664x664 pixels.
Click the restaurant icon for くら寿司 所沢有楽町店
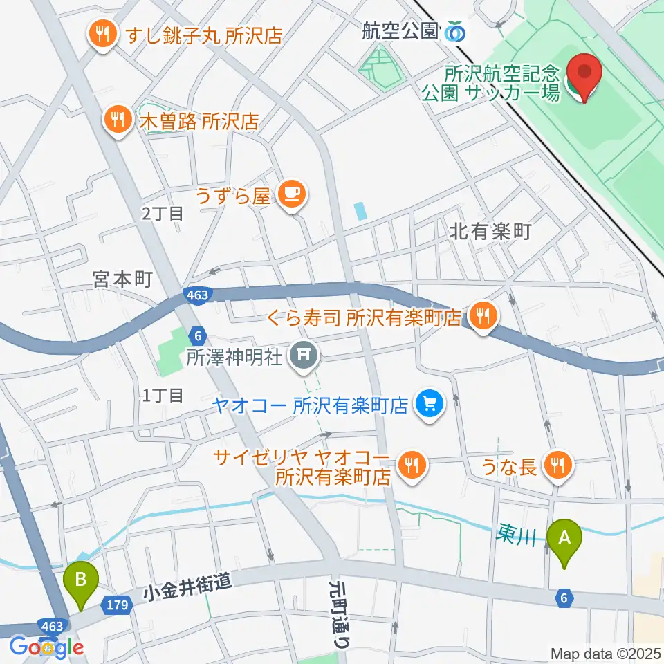481,317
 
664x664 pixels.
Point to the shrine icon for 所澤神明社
304,357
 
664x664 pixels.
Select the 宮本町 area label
122,279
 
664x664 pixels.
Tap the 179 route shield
117,605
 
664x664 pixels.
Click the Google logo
46,647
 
